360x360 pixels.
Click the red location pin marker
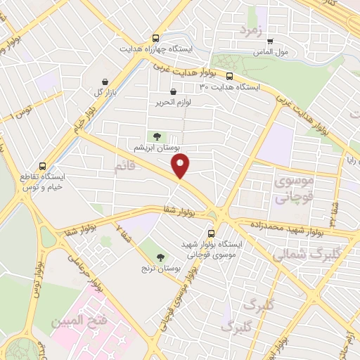pyautogui.click(x=181, y=167)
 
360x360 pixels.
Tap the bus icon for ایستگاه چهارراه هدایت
pyautogui.click(x=155, y=39)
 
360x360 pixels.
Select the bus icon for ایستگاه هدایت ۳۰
pyautogui.click(x=229, y=76)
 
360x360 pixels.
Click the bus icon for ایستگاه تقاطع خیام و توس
pyautogui.click(x=44, y=167)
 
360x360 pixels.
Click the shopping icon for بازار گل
pyautogui.click(x=105, y=82)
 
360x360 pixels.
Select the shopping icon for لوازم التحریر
pyautogui.click(x=174, y=91)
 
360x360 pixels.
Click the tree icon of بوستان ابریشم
pyautogui.click(x=157, y=136)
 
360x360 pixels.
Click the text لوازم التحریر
pyautogui.click(x=174, y=103)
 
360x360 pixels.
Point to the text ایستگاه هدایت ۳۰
pyautogui.click(x=230, y=87)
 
